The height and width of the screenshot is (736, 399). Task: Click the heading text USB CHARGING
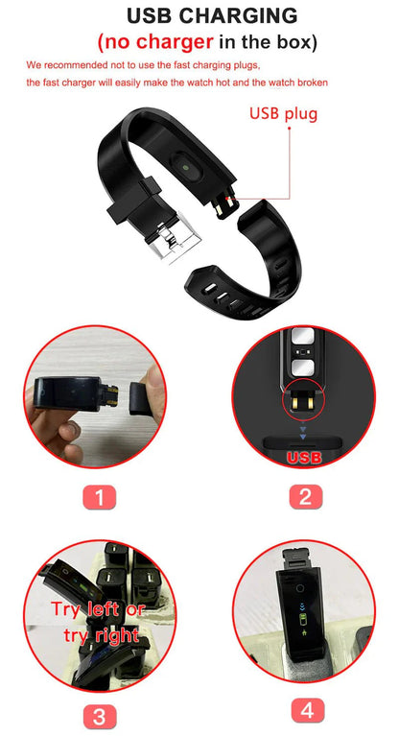point(199,16)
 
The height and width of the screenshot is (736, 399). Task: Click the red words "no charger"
point(153,42)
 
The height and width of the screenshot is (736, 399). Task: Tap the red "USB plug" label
point(283,113)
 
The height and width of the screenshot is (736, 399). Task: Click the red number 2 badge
point(304,497)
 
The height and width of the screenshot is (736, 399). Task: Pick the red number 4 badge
point(307,710)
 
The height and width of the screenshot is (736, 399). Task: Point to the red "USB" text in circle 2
point(304,458)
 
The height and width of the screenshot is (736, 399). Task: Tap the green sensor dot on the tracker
point(181,167)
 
